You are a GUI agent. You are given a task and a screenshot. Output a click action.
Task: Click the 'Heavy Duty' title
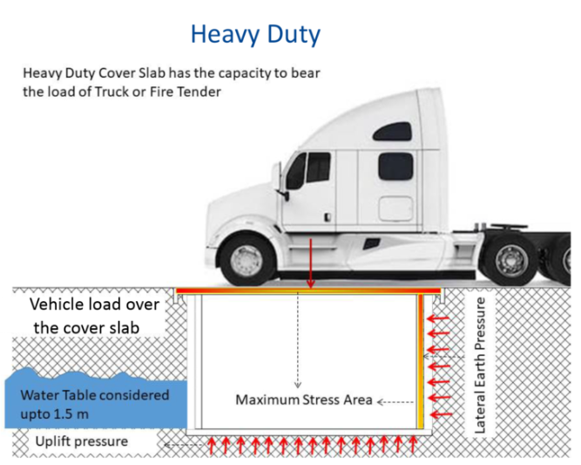click(255, 35)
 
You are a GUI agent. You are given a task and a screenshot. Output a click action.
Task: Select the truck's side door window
click(317, 167)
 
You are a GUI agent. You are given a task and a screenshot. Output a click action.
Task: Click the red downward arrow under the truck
click(311, 271)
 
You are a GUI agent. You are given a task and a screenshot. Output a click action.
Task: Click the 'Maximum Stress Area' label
click(304, 400)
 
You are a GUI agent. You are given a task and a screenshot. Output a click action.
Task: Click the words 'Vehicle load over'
click(94, 304)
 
